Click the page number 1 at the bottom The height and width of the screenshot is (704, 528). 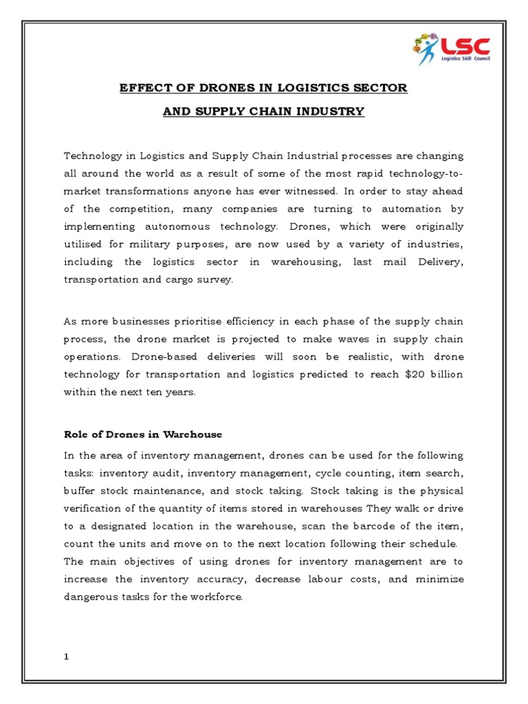point(67,657)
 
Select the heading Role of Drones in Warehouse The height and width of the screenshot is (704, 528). point(143,434)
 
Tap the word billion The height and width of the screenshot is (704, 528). point(447,375)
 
